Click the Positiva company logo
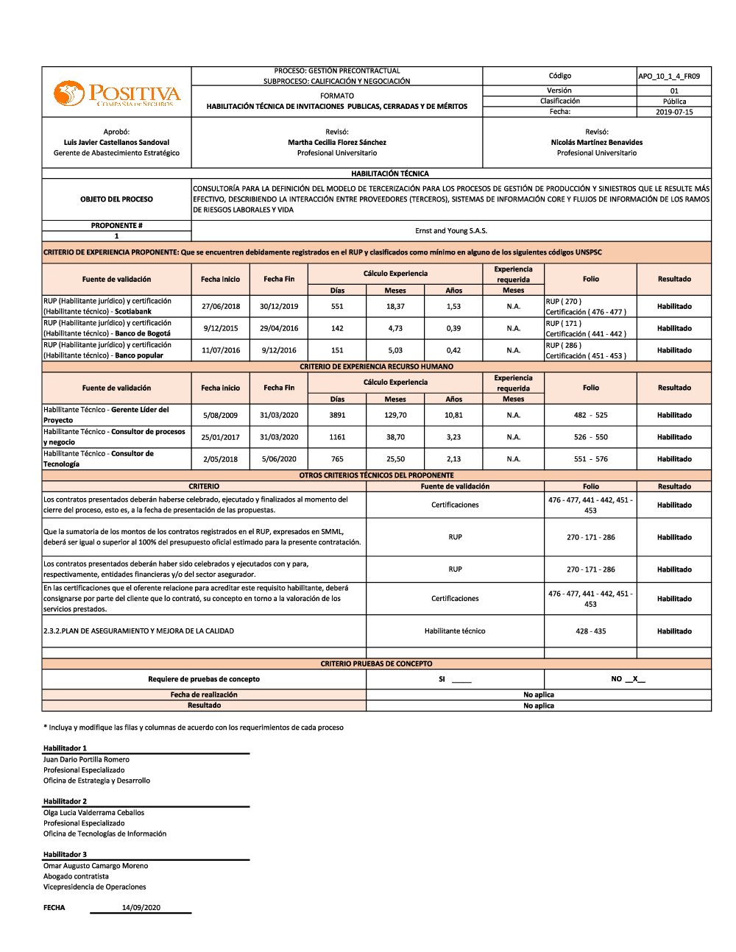coord(116,93)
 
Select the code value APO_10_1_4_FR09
coord(669,76)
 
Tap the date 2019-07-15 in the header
coord(674,112)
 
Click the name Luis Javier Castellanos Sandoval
coord(116,143)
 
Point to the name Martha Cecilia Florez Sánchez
coord(337,143)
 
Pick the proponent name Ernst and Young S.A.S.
coord(451,231)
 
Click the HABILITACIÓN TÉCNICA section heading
coord(390,174)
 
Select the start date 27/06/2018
coord(221,307)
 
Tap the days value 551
coord(337,307)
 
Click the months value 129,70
coord(395,416)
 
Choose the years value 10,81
coord(453,416)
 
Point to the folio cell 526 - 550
coord(591,437)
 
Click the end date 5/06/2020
coord(279,459)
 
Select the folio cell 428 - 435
coord(591,631)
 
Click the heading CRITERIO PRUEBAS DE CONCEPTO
coord(376,664)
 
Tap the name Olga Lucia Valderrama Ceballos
coord(93,813)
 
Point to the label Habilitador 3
coord(65,855)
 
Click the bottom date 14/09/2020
coord(141,908)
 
